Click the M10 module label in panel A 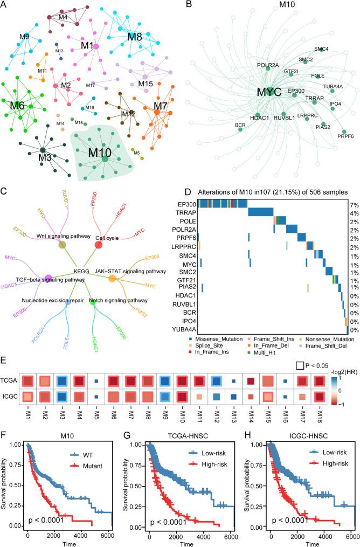tap(100, 153)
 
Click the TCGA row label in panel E tap(10, 397)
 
